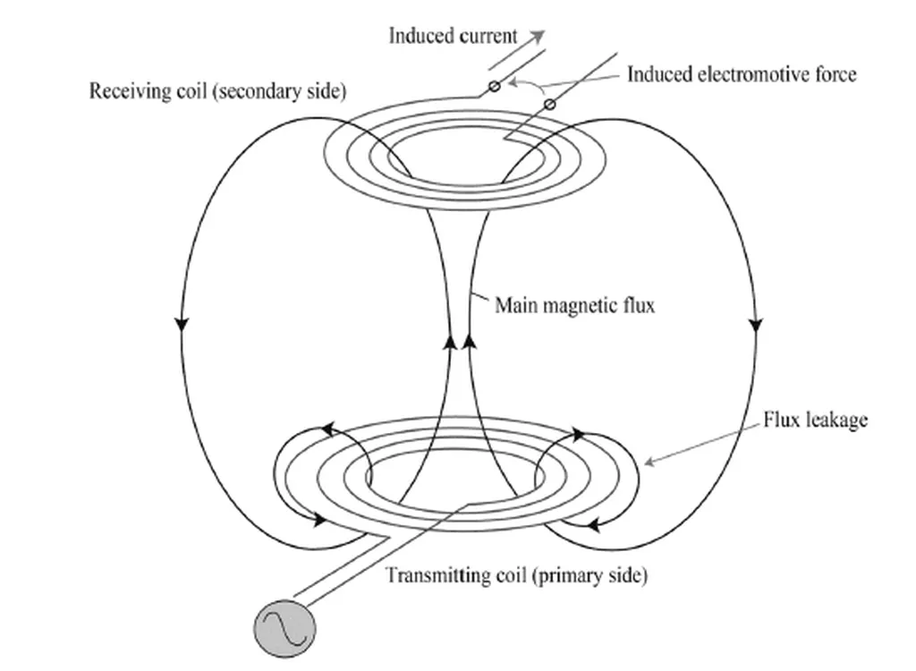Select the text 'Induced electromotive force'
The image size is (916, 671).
pyautogui.click(x=741, y=74)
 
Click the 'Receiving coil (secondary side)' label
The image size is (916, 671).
pyautogui.click(x=217, y=92)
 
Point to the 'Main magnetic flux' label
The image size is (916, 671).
pyautogui.click(x=575, y=306)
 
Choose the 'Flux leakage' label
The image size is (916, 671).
pyautogui.click(x=815, y=420)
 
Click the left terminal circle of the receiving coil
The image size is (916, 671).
pyautogui.click(x=492, y=86)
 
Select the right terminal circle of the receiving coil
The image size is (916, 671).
pyautogui.click(x=549, y=105)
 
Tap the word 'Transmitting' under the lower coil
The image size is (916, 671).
pyautogui.click(x=437, y=575)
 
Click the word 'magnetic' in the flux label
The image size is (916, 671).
pyautogui.click(x=581, y=306)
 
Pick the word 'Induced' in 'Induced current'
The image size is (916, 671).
pyautogui.click(x=419, y=36)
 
